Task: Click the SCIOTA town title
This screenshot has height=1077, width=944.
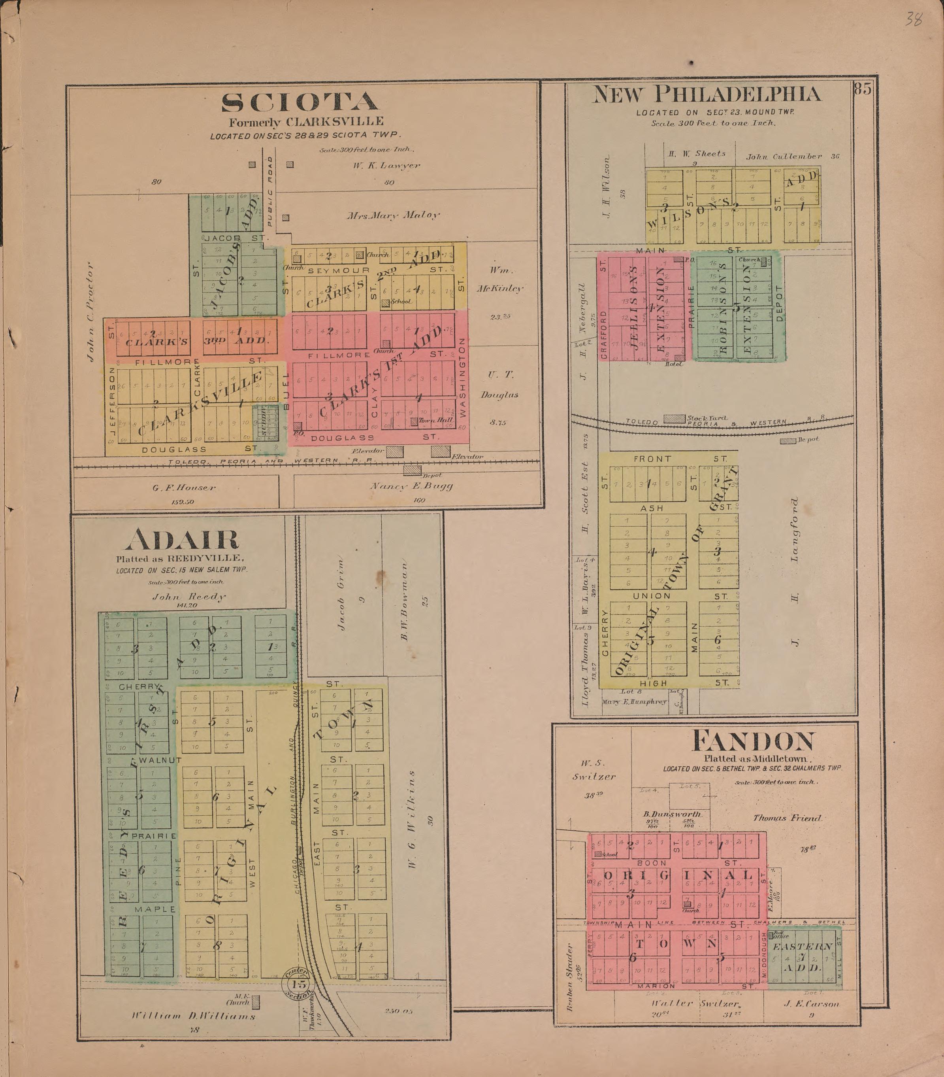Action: tap(300, 103)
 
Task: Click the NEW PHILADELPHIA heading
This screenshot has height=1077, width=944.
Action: tap(707, 95)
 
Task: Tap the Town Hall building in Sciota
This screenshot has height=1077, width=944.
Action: tap(415, 421)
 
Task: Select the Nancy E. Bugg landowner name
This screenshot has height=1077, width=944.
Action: tap(410, 486)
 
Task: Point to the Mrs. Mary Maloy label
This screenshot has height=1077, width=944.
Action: tap(392, 215)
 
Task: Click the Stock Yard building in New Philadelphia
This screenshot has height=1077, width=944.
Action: tap(674, 419)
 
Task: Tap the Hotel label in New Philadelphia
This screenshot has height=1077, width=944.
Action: tap(674, 364)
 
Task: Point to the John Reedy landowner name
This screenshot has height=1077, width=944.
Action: tap(188, 597)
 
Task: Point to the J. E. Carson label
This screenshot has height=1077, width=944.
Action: tap(811, 1004)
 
